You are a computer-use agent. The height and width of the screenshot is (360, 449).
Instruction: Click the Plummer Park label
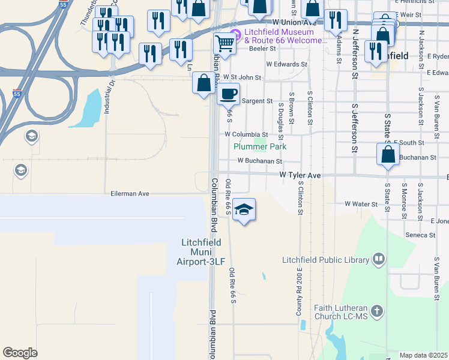[x=260, y=146]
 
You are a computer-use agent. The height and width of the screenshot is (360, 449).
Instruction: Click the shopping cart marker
[x=224, y=43]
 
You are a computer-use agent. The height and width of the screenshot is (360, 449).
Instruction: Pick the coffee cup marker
[x=229, y=93]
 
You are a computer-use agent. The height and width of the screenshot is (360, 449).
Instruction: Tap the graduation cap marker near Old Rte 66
[x=244, y=209]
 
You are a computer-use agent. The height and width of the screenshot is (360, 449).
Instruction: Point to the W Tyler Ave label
[x=301, y=175]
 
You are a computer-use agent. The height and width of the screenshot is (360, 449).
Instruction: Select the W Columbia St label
[x=246, y=134]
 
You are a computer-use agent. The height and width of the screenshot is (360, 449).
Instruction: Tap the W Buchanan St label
[x=259, y=161]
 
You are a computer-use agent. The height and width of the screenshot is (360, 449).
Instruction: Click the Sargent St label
[x=257, y=101]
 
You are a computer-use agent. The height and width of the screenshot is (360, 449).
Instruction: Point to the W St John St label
[x=242, y=77]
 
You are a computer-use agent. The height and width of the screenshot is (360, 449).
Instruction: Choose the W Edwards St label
[x=286, y=64]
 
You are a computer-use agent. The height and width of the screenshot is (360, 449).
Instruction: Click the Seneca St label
[x=420, y=235]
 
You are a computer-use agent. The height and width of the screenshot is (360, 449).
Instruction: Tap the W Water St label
[x=361, y=204]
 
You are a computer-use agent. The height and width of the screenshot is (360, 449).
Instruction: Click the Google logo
[x=20, y=353]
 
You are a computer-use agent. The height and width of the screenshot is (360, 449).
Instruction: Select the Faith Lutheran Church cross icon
[x=376, y=311]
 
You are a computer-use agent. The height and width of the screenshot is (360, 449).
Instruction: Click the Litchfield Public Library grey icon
[x=379, y=259]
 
